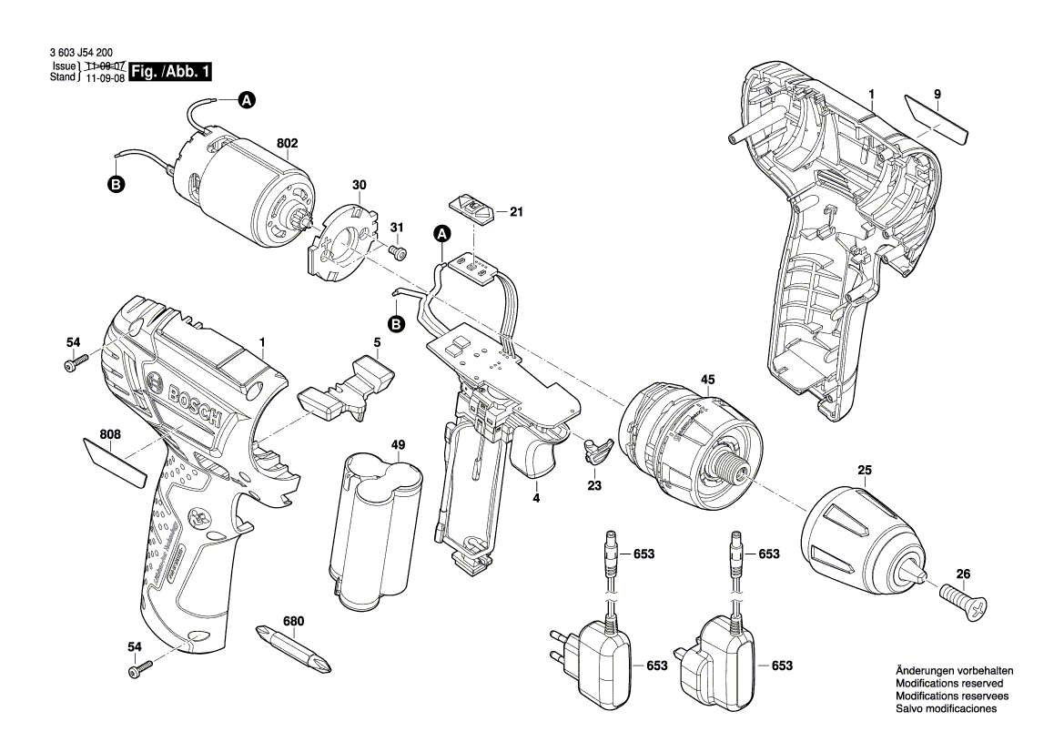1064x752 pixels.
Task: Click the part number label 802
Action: [x=288, y=144]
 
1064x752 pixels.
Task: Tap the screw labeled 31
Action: [x=398, y=250]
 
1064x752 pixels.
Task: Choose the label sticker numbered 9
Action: [x=937, y=118]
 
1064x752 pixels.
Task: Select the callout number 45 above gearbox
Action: [x=707, y=380]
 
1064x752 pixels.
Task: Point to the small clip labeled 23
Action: [x=595, y=448]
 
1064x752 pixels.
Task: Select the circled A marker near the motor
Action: [x=246, y=101]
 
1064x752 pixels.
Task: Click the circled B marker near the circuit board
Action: [x=396, y=324]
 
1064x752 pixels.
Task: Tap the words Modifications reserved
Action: [x=948, y=683]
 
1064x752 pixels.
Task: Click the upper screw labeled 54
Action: [x=74, y=363]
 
